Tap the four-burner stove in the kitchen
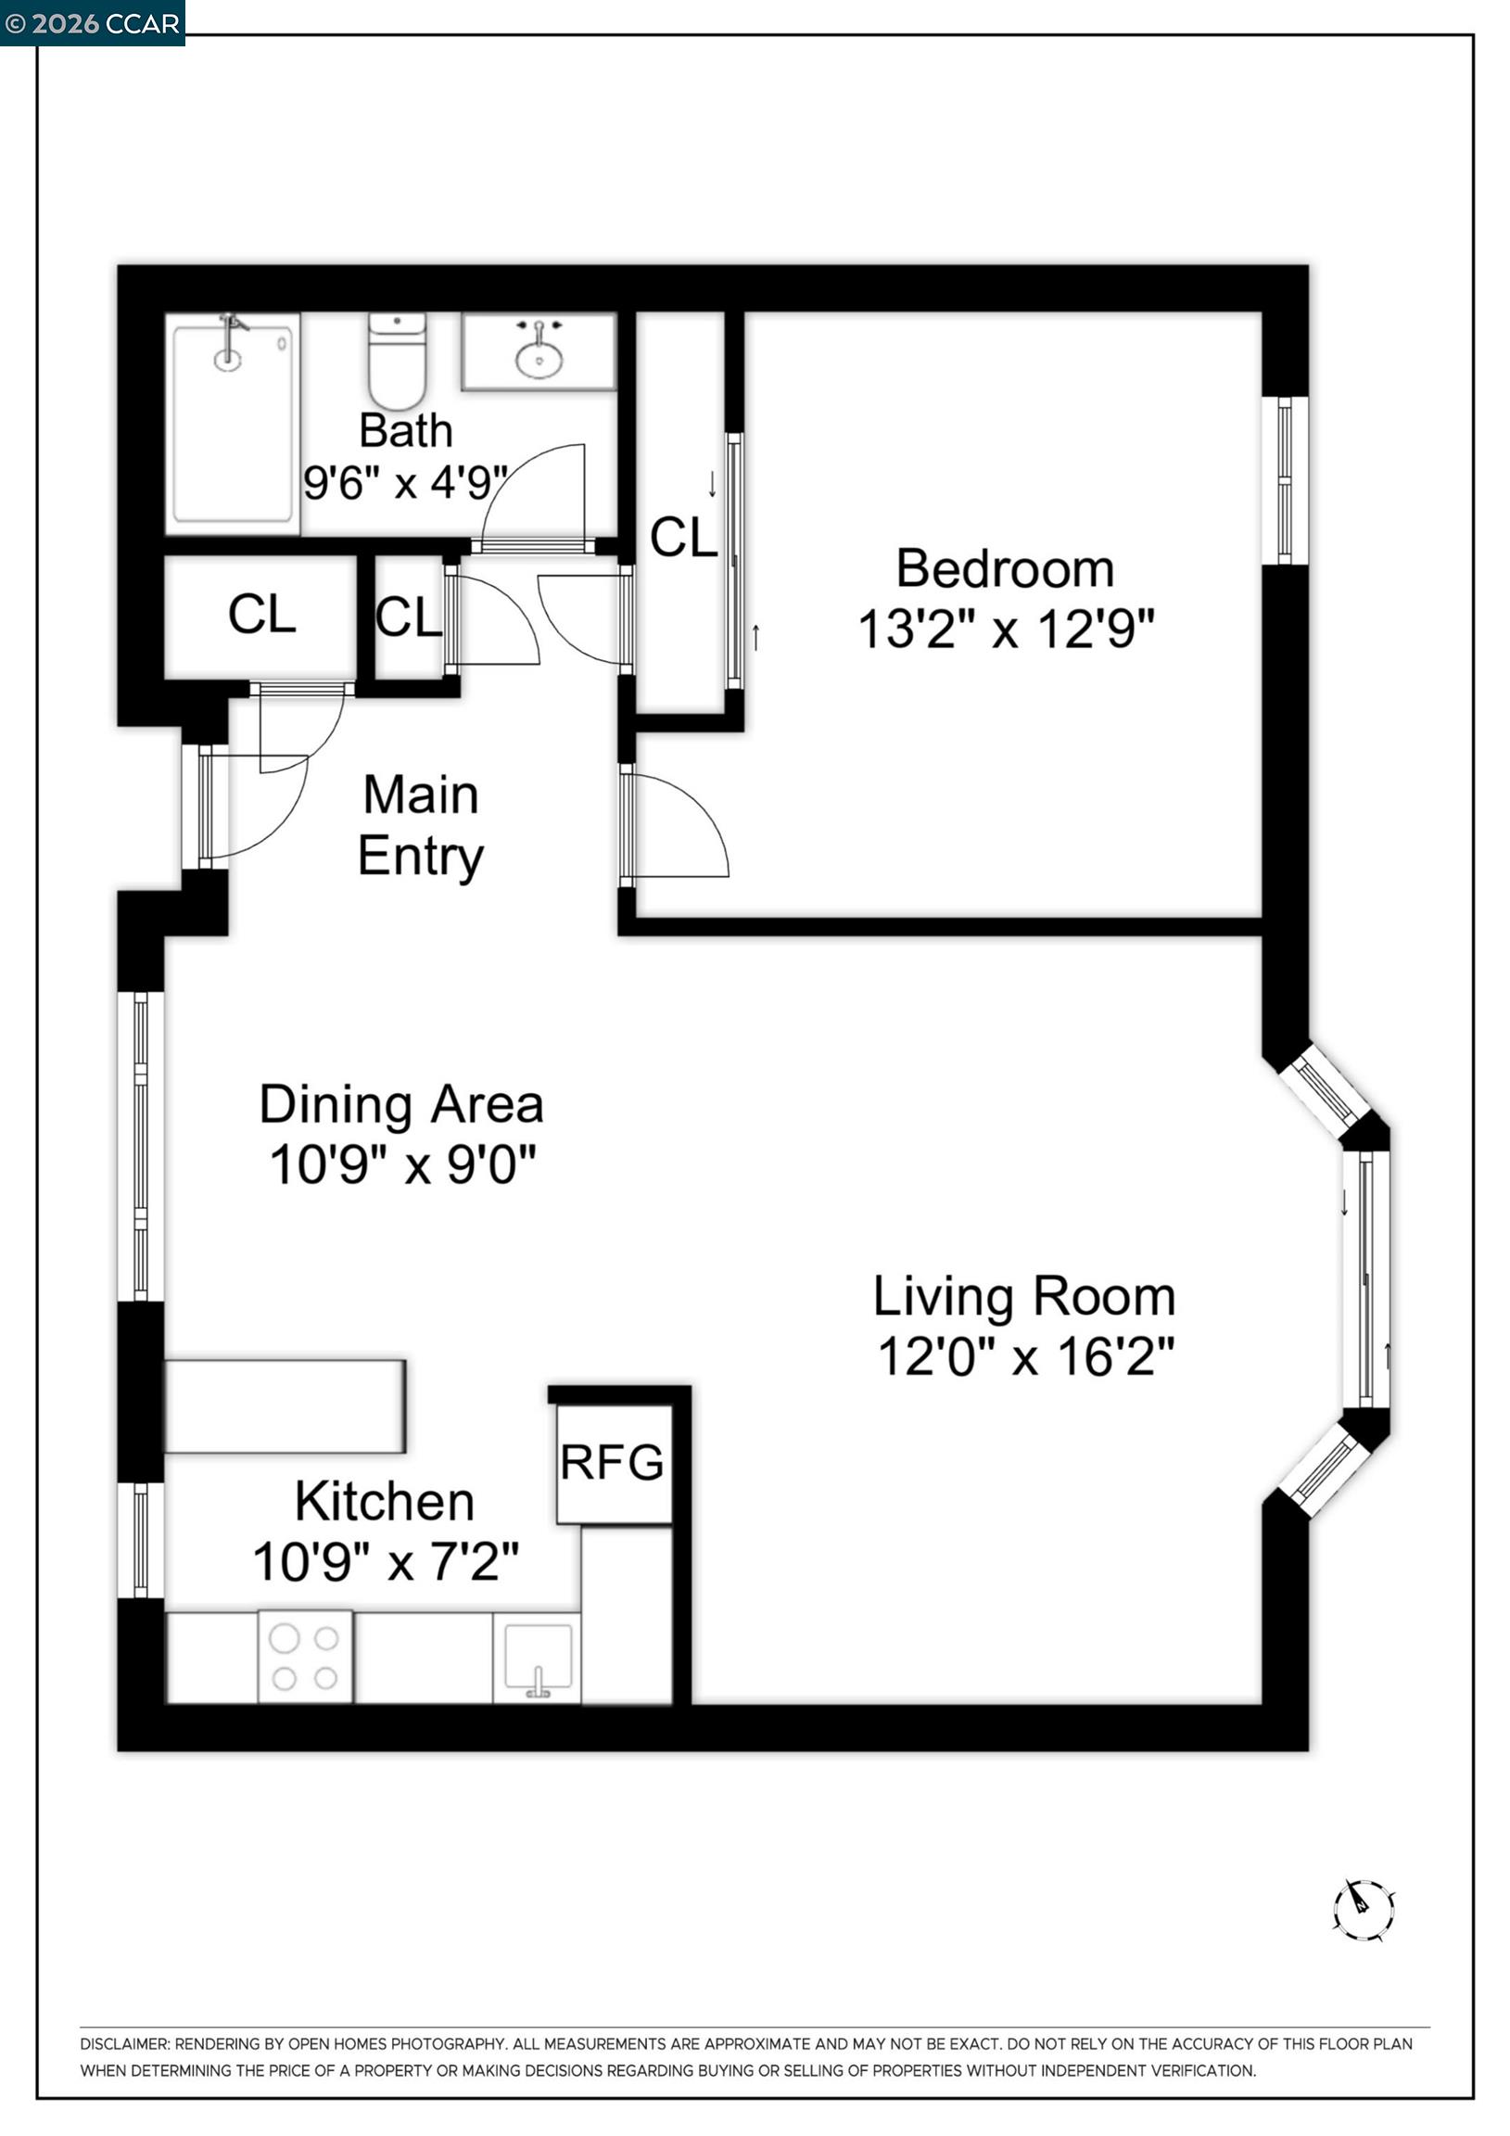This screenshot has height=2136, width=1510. [305, 1657]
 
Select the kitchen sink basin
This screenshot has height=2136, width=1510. [538, 1657]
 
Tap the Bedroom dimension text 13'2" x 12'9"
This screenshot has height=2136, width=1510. [1006, 629]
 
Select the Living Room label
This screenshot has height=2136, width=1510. [1024, 1296]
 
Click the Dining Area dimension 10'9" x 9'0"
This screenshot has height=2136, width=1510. [403, 1164]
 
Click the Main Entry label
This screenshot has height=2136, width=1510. [421, 826]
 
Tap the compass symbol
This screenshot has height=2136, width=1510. [1363, 1910]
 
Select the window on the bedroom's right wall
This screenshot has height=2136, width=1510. [1285, 480]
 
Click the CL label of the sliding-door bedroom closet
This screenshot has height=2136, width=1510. [684, 538]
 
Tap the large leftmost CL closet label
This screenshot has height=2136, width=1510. [261, 615]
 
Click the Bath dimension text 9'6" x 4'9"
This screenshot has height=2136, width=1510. [405, 483]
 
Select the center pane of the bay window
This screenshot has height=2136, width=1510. [1365, 1279]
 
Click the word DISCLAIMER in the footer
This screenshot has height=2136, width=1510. [124, 2044]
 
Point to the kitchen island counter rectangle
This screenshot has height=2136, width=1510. [285, 1405]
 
